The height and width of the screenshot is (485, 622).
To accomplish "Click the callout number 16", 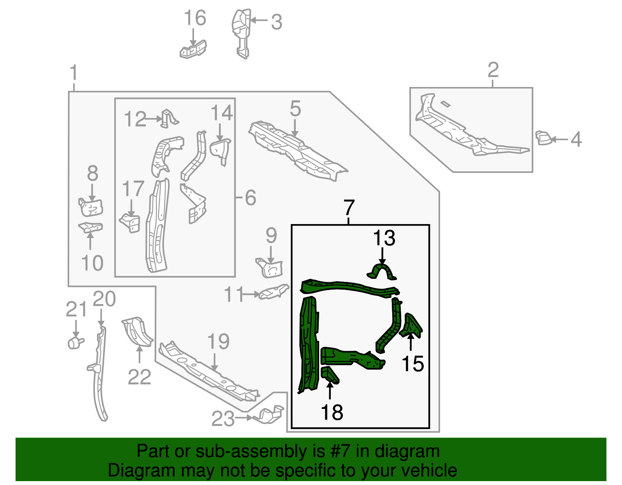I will click(195, 18).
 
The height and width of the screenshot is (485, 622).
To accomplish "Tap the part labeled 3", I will click(241, 33).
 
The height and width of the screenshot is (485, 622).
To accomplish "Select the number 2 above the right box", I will click(493, 70).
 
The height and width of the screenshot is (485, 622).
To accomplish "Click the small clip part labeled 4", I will click(543, 138).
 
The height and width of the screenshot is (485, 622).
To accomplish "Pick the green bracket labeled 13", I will click(382, 271).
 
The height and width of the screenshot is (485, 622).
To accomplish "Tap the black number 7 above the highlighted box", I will click(349, 208).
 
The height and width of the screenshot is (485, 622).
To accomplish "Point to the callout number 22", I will click(139, 377).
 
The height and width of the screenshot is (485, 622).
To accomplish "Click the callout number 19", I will click(218, 342).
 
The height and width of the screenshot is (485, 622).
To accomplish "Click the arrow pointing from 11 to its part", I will click(250, 294).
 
